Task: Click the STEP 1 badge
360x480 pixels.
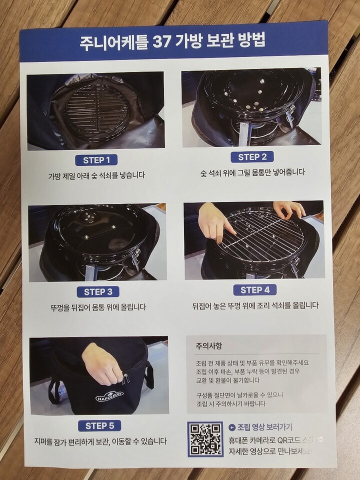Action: point(96,160)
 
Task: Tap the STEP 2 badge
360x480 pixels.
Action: point(252,157)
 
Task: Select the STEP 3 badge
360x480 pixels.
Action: point(98,292)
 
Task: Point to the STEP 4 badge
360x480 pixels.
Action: point(254,290)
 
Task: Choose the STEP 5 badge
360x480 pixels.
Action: point(100,426)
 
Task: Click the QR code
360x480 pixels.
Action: point(205,438)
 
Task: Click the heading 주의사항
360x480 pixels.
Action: point(209,345)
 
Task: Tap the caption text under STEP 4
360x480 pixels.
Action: point(255,305)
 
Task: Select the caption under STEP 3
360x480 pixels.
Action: point(98,307)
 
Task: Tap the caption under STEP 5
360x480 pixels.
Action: point(99,441)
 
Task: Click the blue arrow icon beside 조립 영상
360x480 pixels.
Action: point(231,427)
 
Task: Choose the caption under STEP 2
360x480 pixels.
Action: point(252,172)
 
